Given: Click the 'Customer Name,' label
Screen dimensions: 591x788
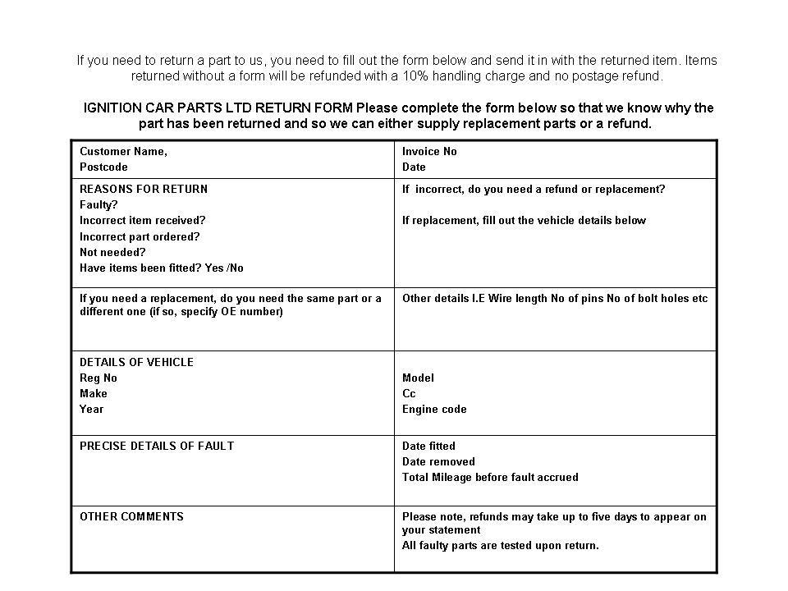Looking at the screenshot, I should (123, 152).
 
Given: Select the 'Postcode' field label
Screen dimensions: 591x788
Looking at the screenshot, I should (103, 167).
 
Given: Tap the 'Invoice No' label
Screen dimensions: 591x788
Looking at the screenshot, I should (429, 152).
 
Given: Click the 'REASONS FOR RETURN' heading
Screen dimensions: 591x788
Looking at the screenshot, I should (144, 190).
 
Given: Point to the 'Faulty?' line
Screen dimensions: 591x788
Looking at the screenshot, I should (98, 205).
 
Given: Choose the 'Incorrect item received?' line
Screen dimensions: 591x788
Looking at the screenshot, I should (142, 221).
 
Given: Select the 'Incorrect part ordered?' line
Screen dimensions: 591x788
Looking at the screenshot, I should (140, 236).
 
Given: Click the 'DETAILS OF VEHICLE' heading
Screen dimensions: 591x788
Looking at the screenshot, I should (136, 363).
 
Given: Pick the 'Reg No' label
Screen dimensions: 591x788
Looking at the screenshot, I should (98, 378).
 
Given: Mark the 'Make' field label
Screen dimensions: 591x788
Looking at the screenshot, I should (94, 394).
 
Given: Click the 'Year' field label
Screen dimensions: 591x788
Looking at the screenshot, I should (92, 410).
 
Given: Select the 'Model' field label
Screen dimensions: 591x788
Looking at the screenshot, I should (418, 378).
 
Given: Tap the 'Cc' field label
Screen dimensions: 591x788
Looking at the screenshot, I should (409, 394).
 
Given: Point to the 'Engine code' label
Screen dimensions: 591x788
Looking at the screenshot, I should (434, 410).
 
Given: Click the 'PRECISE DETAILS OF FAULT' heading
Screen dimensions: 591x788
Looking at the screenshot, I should (157, 447).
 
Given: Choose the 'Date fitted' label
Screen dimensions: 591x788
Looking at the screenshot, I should (428, 447).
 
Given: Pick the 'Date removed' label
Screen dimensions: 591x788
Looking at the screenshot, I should (438, 462).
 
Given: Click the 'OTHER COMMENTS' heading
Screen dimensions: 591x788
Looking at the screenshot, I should (131, 517).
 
